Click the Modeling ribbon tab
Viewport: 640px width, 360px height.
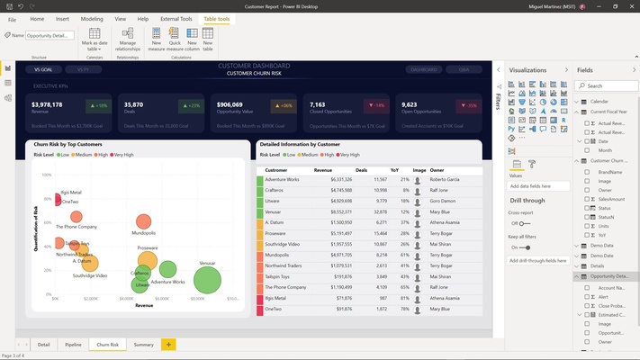[x=92, y=18]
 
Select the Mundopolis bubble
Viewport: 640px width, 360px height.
[x=143, y=221]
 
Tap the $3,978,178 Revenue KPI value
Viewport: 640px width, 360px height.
[x=48, y=104]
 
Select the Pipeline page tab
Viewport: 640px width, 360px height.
[x=73, y=344]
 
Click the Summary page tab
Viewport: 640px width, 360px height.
[x=143, y=344]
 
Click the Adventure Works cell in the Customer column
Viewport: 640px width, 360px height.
[x=283, y=180]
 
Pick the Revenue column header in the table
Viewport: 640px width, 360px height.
[x=324, y=168]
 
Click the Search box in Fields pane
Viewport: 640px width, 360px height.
[x=608, y=85]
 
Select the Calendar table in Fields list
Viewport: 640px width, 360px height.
[x=600, y=101]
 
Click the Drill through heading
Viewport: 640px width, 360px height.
[x=527, y=199]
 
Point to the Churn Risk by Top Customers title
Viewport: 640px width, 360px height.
[x=68, y=144]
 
